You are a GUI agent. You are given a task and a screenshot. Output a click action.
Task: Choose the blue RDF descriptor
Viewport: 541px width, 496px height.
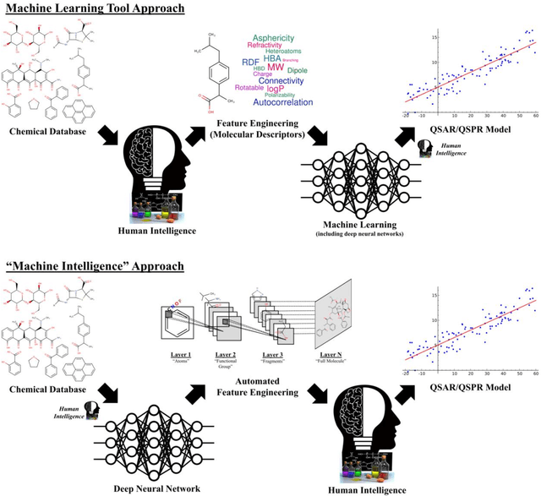250,62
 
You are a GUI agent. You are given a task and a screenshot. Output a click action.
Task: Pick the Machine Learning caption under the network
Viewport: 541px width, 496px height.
359,221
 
